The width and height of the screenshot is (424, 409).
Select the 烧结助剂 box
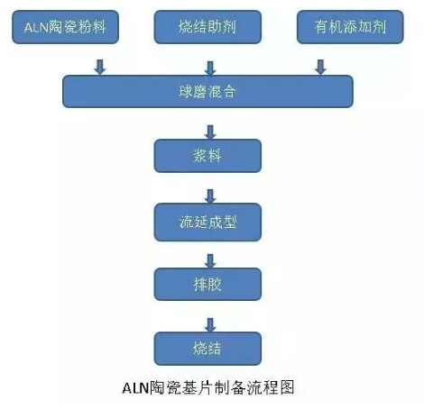click(208, 29)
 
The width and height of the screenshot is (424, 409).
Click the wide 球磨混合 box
click(207, 91)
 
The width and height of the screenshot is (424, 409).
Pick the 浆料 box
click(208, 155)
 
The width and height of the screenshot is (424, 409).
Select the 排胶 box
click(208, 284)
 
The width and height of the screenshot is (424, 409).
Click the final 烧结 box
click(208, 348)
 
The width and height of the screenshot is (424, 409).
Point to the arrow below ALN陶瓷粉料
click(99, 66)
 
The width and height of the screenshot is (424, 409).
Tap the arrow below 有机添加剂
click(319, 66)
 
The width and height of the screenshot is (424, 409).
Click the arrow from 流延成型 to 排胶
click(210, 260)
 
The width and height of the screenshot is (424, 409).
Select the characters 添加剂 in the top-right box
click(359, 29)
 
